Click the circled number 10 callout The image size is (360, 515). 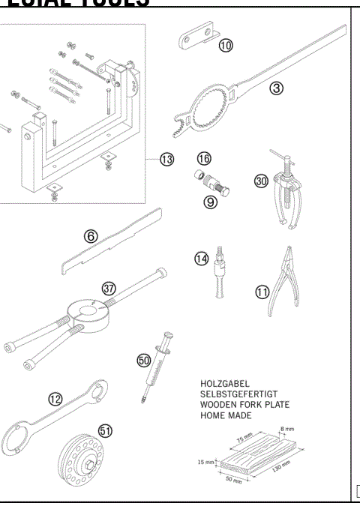(x=226, y=46)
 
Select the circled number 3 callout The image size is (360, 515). (x=277, y=88)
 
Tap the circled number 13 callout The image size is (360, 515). (x=166, y=159)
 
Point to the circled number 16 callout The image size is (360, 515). (x=203, y=158)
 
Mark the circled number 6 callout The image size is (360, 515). (x=91, y=235)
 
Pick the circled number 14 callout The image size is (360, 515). (x=201, y=259)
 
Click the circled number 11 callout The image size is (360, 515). (x=262, y=292)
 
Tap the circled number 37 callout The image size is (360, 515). (x=109, y=289)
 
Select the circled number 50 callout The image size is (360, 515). (x=144, y=360)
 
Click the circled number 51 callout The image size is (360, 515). (x=106, y=430)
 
